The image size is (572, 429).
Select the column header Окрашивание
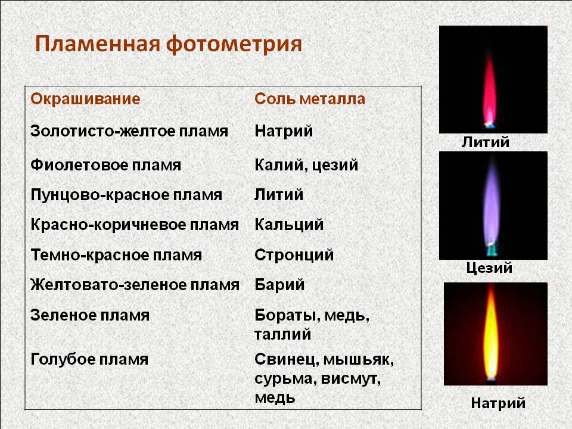point(85,99)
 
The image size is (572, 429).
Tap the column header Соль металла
point(310,99)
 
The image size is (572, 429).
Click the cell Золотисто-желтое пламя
point(129,130)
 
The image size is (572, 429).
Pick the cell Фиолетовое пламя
point(106,165)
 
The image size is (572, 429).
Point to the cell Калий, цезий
point(306,165)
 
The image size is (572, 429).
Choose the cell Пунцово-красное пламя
point(126,195)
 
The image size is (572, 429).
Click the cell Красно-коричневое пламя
point(135,225)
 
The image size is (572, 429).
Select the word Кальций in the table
point(289,225)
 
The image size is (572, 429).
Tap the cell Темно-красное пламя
point(116,255)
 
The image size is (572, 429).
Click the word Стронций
point(294,255)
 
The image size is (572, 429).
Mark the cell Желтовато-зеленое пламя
point(135,285)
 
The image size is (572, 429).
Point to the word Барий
point(279,285)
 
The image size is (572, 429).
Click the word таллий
point(282,334)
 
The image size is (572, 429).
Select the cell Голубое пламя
point(89,359)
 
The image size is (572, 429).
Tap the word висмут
point(351,379)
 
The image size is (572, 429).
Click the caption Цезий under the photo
point(489,268)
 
